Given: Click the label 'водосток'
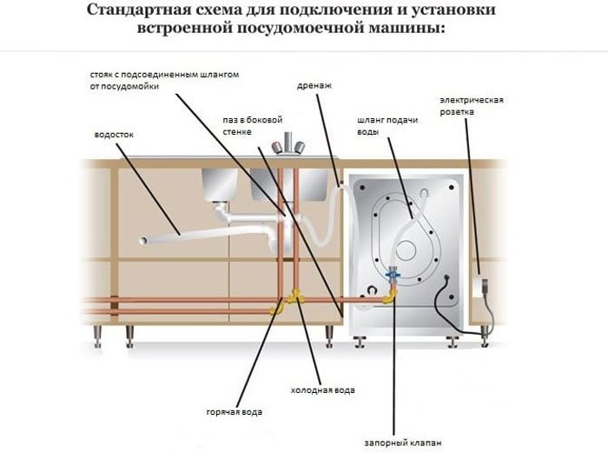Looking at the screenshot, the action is (114, 135).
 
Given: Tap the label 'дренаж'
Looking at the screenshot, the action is (314, 86).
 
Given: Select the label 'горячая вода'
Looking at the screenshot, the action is (235, 412).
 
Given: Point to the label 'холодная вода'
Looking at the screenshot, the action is (322, 390).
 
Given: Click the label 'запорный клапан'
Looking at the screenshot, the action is (402, 443).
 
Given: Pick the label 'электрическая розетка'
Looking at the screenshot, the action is (471, 106).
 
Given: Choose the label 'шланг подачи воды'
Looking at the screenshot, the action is (387, 126).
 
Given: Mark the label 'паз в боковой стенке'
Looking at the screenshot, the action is (253, 126).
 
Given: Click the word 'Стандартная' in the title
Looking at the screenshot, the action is (139, 10).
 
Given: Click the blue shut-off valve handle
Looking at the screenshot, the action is (393, 274).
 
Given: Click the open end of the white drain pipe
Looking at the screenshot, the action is (143, 241).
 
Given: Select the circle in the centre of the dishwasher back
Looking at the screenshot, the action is (406, 250).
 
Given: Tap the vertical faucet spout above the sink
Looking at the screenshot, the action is (287, 143).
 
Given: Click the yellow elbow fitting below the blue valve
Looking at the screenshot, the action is (389, 296).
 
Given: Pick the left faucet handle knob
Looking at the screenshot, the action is (276, 148).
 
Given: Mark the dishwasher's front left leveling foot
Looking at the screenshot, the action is (360, 341).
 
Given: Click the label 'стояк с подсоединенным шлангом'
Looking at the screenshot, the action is (164, 75).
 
